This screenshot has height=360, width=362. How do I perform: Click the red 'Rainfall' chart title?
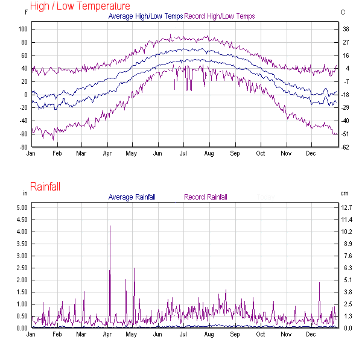(48, 187)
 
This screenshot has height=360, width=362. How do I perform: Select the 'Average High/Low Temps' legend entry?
(145, 16)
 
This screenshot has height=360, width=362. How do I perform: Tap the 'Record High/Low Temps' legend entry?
(219, 16)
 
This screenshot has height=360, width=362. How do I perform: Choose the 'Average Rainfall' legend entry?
(132, 197)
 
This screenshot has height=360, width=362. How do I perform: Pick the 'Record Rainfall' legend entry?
(206, 197)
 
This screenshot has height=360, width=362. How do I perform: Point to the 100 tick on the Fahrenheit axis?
(24, 29)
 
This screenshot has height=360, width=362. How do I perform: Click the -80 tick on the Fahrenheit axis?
(24, 147)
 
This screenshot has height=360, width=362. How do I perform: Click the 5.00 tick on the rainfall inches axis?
(22, 207)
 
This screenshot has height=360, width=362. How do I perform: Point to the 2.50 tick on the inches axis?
(22, 268)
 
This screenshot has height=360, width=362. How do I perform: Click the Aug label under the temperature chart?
(209, 153)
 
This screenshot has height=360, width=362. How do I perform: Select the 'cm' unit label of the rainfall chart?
(343, 193)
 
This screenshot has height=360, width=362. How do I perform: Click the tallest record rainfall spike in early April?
(110, 226)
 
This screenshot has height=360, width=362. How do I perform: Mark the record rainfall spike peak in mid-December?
(319, 283)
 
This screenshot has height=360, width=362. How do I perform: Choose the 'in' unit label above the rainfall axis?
(25, 193)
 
